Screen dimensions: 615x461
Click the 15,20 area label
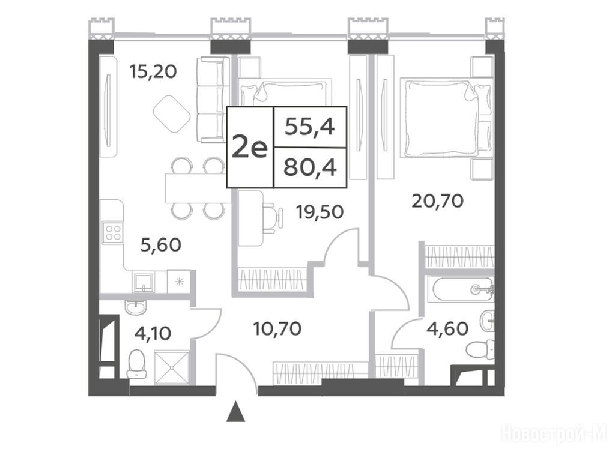(153, 72)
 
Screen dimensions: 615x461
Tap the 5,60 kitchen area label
(161, 245)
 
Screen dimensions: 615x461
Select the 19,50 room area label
(320, 212)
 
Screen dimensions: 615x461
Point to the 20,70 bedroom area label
(438, 201)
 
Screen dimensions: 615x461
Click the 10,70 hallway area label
(277, 328)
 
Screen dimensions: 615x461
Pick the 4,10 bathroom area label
(153, 334)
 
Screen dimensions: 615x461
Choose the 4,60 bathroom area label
(447, 328)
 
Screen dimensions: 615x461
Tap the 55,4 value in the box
(310, 127)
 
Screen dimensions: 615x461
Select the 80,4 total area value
(311, 168)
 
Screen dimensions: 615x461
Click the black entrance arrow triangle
(235, 411)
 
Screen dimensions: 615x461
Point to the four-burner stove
(112, 232)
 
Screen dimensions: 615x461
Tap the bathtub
(463, 290)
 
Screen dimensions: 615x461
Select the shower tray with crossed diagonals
(171, 368)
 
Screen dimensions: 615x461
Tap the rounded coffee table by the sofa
(172, 113)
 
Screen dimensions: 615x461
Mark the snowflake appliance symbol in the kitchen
(179, 281)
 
